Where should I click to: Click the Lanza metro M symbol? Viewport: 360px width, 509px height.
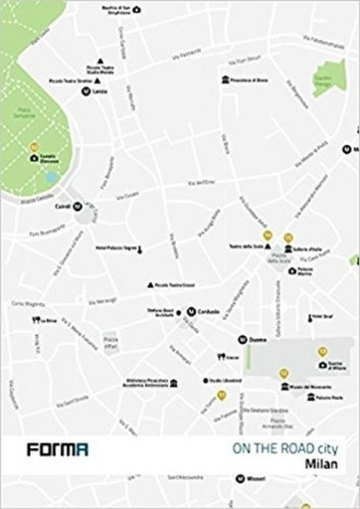85,91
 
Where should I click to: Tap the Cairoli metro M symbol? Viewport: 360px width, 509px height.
77,207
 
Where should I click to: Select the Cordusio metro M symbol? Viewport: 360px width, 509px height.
189,310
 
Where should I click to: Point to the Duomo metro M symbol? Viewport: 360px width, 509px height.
243,339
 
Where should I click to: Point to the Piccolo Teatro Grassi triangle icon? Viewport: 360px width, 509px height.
150,284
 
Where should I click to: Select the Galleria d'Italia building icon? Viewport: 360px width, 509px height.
289,250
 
